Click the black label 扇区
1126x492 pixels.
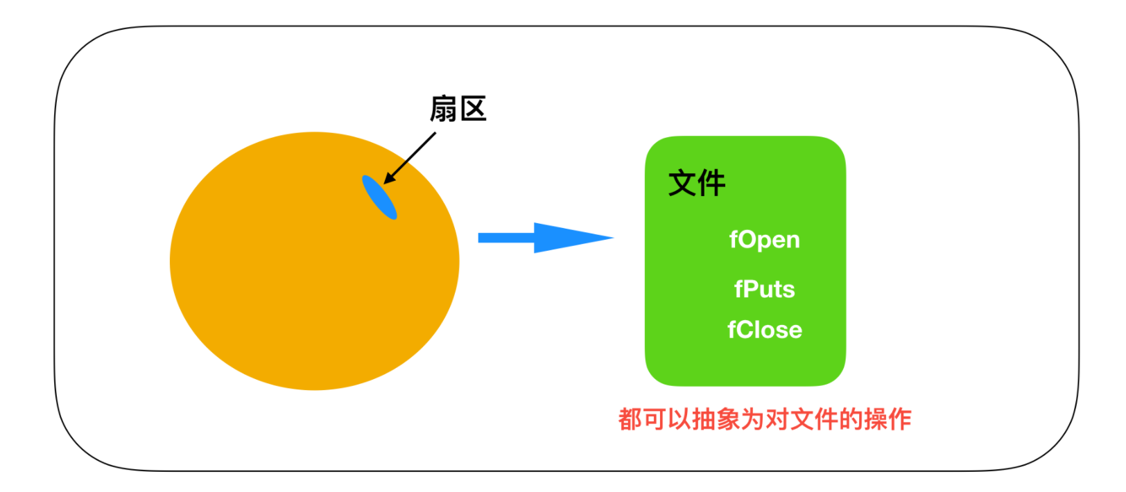click(x=458, y=109)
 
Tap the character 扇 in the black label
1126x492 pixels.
click(x=444, y=109)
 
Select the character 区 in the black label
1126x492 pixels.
click(x=473, y=109)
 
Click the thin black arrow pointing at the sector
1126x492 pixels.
click(x=410, y=157)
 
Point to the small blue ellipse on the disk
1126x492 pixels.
click(x=379, y=197)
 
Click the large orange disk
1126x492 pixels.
click(x=305, y=277)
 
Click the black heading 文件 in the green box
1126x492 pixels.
click(x=696, y=183)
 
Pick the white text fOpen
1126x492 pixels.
click(x=764, y=240)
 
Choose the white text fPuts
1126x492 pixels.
click(x=764, y=289)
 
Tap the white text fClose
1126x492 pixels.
click(x=764, y=330)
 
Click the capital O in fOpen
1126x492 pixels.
click(x=748, y=240)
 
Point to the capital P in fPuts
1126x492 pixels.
click(x=750, y=289)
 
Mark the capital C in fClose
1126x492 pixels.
click(x=745, y=330)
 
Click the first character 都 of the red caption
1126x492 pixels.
click(x=630, y=419)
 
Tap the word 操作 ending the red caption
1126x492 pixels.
click(x=887, y=419)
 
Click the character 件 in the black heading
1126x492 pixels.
click(x=711, y=183)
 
